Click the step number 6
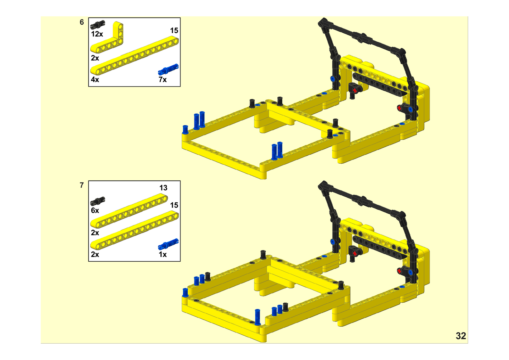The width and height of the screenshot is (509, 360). tap(82, 22)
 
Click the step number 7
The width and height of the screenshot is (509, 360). tap(82, 185)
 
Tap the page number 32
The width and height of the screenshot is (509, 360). tap(461, 336)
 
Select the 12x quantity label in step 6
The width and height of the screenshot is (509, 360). tap(97, 34)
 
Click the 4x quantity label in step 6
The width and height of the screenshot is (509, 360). tap(95, 80)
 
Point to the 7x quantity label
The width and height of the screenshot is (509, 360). tap(163, 80)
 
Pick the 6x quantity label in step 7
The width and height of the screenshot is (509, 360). tap(95, 211)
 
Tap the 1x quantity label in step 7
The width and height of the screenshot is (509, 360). tap(163, 254)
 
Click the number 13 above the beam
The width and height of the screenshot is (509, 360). tap(164, 188)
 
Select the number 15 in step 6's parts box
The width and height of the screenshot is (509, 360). tap(174, 31)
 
